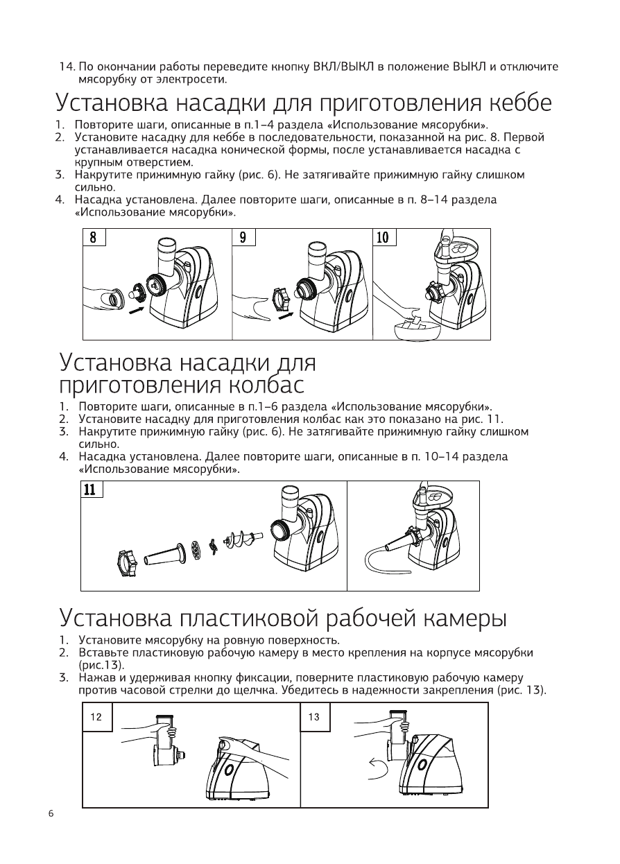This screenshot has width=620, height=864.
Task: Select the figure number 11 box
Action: pyautogui.click(x=90, y=490)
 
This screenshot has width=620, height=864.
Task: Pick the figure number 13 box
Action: pyautogui.click(x=314, y=717)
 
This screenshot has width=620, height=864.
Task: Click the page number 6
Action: pyautogui.click(x=51, y=813)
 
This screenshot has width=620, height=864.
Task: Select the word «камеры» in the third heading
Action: pyautogui.click(x=465, y=617)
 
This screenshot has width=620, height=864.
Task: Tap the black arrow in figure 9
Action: pyautogui.click(x=285, y=316)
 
